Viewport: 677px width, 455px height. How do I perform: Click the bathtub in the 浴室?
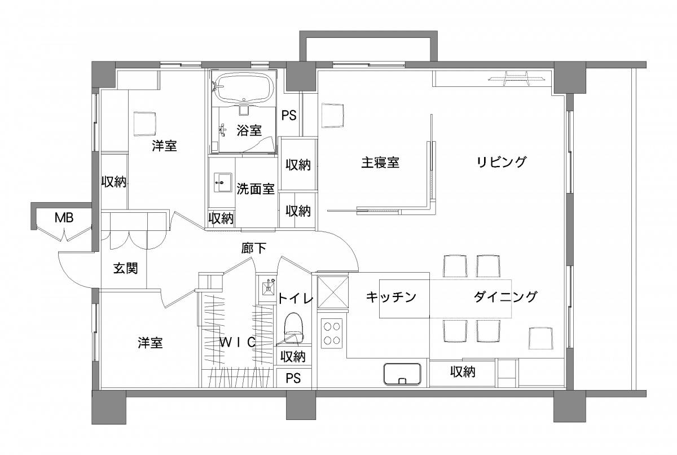click(x=244, y=88)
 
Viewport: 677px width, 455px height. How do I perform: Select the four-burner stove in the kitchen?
click(x=332, y=334)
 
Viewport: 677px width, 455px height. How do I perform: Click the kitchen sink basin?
click(x=402, y=374)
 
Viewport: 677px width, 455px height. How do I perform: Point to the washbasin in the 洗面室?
click(x=223, y=182)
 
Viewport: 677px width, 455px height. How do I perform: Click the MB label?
click(x=64, y=218)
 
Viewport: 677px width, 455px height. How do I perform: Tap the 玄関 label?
click(x=125, y=268)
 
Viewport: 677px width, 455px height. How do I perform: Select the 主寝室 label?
click(x=380, y=163)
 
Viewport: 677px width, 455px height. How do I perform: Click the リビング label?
click(x=502, y=162)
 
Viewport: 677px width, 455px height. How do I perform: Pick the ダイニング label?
click(x=505, y=296)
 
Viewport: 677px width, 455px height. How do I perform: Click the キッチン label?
click(x=391, y=297)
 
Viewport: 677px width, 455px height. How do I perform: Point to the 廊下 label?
click(x=253, y=248)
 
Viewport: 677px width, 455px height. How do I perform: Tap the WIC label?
click(x=238, y=342)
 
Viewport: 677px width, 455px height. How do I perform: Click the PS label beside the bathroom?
click(x=289, y=115)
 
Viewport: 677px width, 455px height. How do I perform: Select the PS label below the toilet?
click(x=293, y=378)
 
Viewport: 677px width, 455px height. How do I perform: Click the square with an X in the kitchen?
click(x=333, y=292)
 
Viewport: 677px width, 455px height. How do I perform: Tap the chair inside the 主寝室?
click(x=332, y=116)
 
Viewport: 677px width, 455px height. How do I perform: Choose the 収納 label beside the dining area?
click(x=463, y=371)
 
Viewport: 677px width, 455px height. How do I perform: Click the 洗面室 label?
click(x=256, y=189)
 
